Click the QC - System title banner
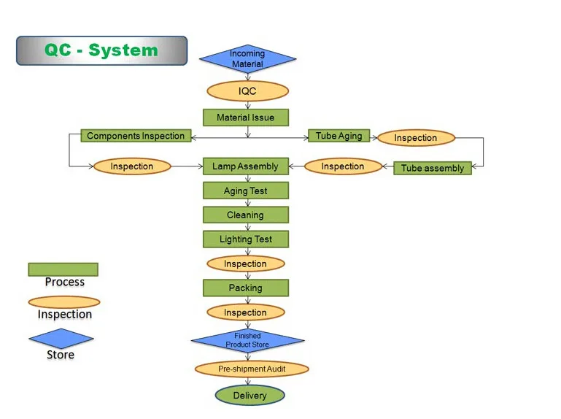101,50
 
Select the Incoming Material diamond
247,58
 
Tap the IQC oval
247,91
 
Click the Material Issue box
246,118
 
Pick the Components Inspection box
136,136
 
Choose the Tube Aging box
338,136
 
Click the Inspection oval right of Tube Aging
416,138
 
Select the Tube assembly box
433,168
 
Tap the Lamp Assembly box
246,166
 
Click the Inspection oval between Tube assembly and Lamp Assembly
343,166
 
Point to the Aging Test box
246,191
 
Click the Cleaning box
246,215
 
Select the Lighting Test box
246,239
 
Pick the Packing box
246,288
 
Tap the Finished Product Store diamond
247,340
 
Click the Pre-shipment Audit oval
252,369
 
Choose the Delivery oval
250,396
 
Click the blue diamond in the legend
61,339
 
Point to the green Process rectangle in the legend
63,269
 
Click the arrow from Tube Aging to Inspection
374,137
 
